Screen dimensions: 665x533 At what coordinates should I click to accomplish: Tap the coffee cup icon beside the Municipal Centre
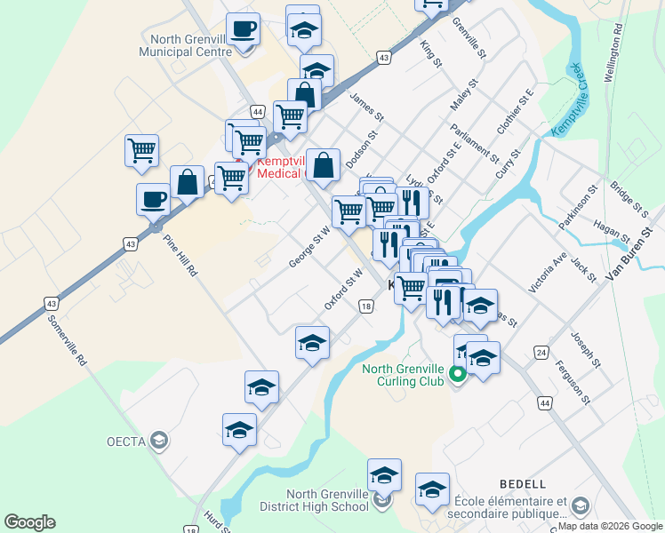coord(243,29)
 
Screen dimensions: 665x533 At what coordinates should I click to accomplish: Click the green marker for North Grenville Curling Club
coord(458,374)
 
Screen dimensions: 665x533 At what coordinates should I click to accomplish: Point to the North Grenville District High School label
coord(327,500)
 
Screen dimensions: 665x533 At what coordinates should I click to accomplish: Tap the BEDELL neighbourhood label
coord(523,484)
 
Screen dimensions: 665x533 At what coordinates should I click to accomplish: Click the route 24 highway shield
coord(541,352)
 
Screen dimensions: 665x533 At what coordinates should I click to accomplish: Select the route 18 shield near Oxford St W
coord(366,306)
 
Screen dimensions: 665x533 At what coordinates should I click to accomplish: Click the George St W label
coord(309,247)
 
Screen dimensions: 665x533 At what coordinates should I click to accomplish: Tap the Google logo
coord(29,522)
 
